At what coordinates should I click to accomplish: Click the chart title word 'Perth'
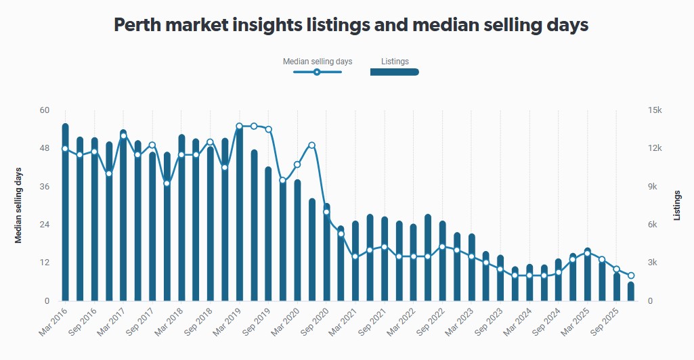tap(139, 25)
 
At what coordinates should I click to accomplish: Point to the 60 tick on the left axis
tap(45, 110)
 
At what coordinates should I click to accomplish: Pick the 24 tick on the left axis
tap(45, 225)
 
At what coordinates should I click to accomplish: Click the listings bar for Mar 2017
tap(123, 215)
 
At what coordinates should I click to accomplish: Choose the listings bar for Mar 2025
tap(588, 275)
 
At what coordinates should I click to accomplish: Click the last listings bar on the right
tap(631, 292)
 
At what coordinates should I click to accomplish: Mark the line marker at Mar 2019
tap(239, 126)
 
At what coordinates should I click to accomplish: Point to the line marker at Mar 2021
tap(355, 256)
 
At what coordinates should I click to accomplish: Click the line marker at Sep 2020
tap(326, 212)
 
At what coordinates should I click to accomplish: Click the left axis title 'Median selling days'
tap(19, 205)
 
